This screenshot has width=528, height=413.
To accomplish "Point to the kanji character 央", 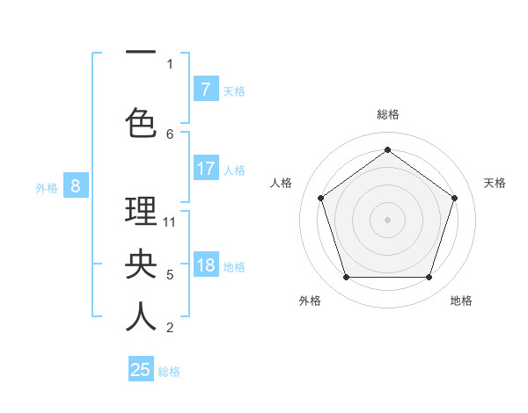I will [x=141, y=264].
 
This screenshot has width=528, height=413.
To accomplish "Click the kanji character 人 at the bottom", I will [x=141, y=317].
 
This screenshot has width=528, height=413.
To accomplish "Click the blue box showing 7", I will [x=205, y=90].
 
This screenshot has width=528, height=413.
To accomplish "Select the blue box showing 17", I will [x=205, y=169].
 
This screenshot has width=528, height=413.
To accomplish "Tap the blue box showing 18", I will [x=205, y=265].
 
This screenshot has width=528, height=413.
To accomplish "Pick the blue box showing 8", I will [x=76, y=186].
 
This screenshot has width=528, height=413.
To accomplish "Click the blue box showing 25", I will [x=141, y=370].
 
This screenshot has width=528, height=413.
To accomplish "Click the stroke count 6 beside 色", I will [x=170, y=134].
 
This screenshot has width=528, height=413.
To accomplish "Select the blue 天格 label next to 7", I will [x=234, y=91].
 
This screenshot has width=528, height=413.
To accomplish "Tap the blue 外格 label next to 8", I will [x=47, y=187].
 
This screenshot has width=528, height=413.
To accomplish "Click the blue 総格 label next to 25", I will [x=169, y=371].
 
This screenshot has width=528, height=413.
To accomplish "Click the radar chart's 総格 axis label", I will [x=387, y=114].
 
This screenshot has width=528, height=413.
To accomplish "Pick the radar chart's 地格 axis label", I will [x=461, y=301].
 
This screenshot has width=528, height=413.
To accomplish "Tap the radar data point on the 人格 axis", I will [x=320, y=198].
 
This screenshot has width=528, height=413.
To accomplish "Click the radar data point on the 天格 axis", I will [x=454, y=198].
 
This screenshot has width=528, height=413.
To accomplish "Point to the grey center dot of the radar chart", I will [x=387, y=219].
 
